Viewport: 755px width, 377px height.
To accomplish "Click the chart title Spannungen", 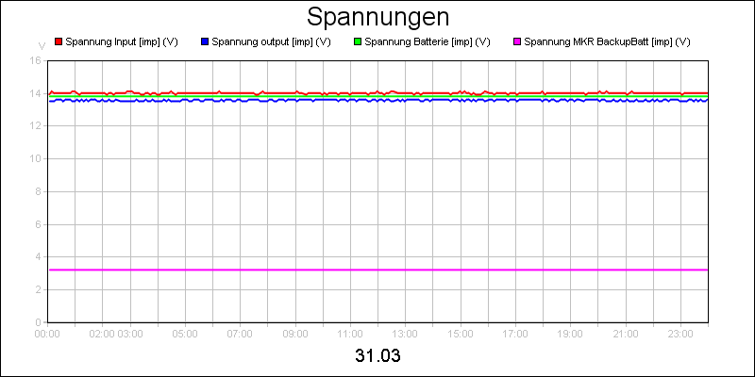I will (x=377, y=18).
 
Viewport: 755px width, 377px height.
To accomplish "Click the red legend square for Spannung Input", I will (x=59, y=42).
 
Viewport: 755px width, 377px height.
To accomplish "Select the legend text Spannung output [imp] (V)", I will (x=272, y=42).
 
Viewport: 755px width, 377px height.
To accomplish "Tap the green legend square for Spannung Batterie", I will (x=358, y=42).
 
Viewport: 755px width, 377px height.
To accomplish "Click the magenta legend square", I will (x=516, y=42).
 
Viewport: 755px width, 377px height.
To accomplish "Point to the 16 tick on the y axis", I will (x=35, y=60).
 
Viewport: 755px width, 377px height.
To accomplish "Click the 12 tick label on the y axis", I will (x=35, y=126).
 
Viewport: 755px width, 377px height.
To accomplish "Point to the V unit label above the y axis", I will (x=42, y=45).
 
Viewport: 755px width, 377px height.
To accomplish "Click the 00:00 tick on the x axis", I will (x=48, y=334).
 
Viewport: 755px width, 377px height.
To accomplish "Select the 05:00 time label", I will (x=185, y=334).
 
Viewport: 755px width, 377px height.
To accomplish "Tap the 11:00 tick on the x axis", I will (x=350, y=334).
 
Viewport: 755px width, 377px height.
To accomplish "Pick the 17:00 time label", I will (x=515, y=334).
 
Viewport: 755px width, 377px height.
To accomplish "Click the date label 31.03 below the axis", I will (x=377, y=356).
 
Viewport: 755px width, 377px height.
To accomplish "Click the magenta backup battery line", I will (x=377, y=270).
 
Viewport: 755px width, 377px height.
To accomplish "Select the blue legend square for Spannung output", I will (x=205, y=42).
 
